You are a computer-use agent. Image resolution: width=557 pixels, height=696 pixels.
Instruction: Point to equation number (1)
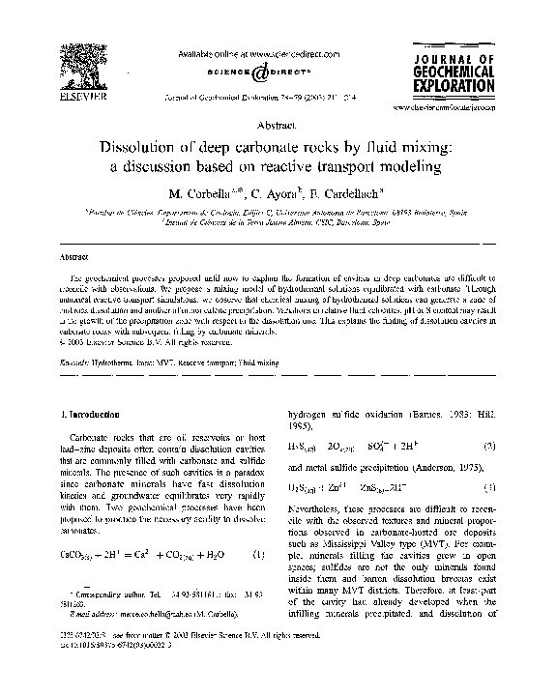pyautogui.click(x=258, y=554)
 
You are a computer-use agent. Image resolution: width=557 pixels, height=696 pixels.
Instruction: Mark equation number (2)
pyautogui.click(x=490, y=446)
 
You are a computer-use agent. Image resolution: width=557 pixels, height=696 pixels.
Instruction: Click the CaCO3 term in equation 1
pyautogui.click(x=78, y=554)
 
